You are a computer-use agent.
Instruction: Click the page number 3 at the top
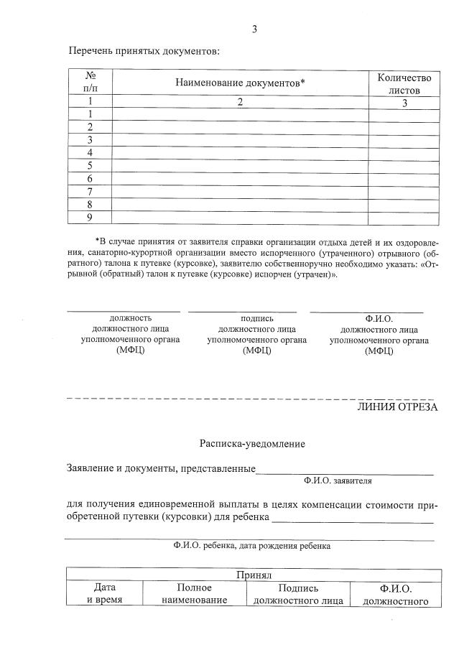point(254,29)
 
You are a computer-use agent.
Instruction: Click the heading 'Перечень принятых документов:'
point(144,51)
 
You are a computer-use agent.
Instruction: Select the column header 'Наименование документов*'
point(240,83)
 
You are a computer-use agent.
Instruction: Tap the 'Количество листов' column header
point(404,83)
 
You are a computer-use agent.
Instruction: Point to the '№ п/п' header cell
point(91,83)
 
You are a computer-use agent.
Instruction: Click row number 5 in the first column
point(91,166)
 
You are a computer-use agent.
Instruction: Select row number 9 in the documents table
point(91,218)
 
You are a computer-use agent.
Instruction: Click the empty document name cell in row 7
point(240,192)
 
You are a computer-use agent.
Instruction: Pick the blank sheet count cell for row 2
point(404,127)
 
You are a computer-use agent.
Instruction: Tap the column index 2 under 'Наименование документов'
point(240,103)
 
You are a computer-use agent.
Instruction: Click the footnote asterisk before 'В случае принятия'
point(97,241)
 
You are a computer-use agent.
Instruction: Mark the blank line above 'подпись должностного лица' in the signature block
point(242,312)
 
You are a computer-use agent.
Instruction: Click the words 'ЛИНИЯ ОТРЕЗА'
point(397,407)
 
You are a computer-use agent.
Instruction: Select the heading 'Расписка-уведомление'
point(252,444)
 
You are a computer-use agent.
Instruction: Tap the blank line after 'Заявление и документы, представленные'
point(345,473)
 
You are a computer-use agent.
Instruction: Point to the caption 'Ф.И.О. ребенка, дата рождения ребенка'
point(251,546)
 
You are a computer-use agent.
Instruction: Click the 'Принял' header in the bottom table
point(252,575)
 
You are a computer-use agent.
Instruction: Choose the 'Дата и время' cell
point(104,594)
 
